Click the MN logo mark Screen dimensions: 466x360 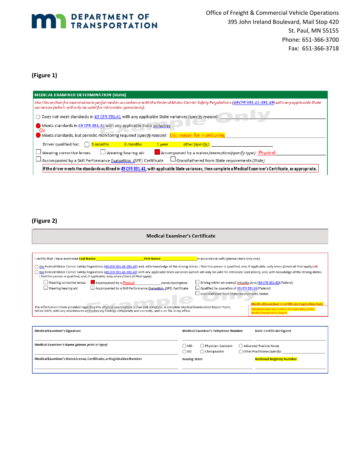49,21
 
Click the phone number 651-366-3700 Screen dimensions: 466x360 320,40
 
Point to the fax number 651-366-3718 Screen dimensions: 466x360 320,48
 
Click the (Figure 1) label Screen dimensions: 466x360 44,75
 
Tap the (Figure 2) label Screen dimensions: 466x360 44,221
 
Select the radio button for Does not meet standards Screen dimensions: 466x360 38,117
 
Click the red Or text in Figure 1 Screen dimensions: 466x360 42,130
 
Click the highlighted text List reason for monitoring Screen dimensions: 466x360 197,135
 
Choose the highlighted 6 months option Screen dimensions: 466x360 133,144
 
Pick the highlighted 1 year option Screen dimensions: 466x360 162,144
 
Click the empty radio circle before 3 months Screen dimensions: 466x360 87,144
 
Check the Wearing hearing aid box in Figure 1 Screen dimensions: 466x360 103,152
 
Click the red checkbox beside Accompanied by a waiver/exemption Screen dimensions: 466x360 157,152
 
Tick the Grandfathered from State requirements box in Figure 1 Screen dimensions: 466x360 173,160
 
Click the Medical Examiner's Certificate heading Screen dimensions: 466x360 181,236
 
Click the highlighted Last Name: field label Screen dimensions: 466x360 88,259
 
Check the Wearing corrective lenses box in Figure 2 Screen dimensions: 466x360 45,282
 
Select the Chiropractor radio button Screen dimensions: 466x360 202,352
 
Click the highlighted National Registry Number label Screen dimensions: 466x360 276,359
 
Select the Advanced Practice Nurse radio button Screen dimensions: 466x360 241,346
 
